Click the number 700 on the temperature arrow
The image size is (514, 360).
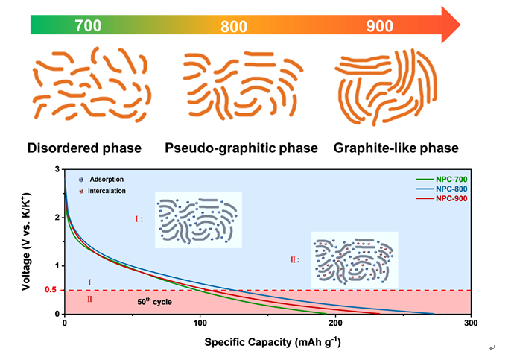tap(87, 26)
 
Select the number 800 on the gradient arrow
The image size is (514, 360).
tap(235, 28)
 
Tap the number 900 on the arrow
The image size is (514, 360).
tap(380, 26)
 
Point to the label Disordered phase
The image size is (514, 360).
tap(84, 148)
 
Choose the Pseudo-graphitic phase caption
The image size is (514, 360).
tap(241, 148)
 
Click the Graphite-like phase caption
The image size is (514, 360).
tap(396, 148)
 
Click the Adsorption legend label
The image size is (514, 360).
tap(107, 180)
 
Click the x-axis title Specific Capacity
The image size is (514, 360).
tap(266, 342)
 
